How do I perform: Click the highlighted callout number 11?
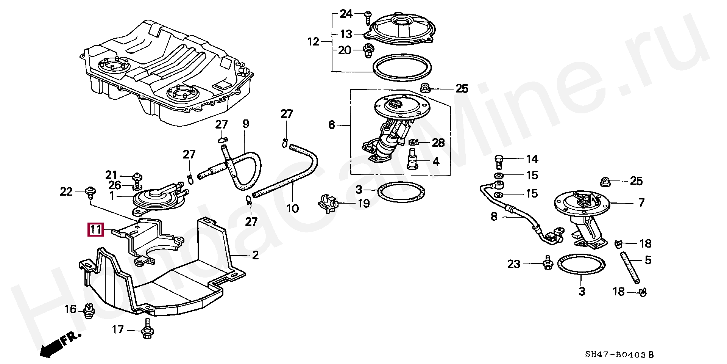coord(95,230)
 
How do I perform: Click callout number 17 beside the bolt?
coord(118,329)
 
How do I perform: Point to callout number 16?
coord(70,309)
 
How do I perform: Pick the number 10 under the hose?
coord(292,208)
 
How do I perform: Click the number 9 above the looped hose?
coord(246,124)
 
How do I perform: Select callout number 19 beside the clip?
coord(363,204)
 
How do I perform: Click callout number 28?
coord(438,143)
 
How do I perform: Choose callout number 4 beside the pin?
coord(436,162)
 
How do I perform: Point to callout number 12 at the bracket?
coord(314,42)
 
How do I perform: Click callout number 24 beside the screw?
coord(346,14)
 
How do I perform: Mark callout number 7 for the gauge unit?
coord(641,202)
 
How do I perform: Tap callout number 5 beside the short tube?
coord(648,260)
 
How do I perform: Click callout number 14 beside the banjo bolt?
coord(532,159)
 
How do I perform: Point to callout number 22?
coord(66,192)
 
